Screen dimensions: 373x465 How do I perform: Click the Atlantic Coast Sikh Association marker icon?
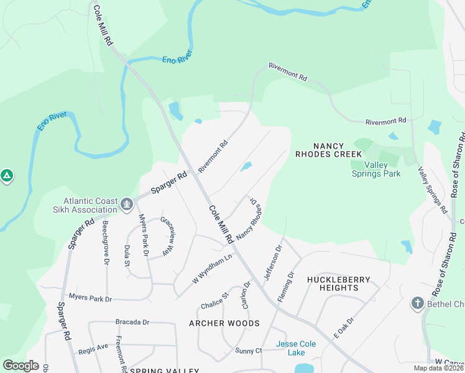pos(127,203)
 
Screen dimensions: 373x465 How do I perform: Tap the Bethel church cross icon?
pos(417,303)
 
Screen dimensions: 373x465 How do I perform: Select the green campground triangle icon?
pos(7,176)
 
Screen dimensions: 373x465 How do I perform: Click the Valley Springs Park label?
pos(376,169)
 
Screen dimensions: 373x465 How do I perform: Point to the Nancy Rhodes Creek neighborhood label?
pos(328,149)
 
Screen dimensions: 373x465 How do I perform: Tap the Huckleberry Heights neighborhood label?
pos(338,283)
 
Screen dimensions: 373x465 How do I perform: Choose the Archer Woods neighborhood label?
pos(224,323)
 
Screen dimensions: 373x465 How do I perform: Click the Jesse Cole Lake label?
pos(296,348)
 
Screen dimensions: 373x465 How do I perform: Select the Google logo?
pos(21,366)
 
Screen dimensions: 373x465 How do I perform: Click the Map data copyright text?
pos(438,368)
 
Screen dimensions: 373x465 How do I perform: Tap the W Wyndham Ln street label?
pos(212,267)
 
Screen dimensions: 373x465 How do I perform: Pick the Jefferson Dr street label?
pos(274,262)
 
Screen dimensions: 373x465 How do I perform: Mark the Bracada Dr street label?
pos(133,322)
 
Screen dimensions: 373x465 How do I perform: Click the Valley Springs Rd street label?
pos(433,190)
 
